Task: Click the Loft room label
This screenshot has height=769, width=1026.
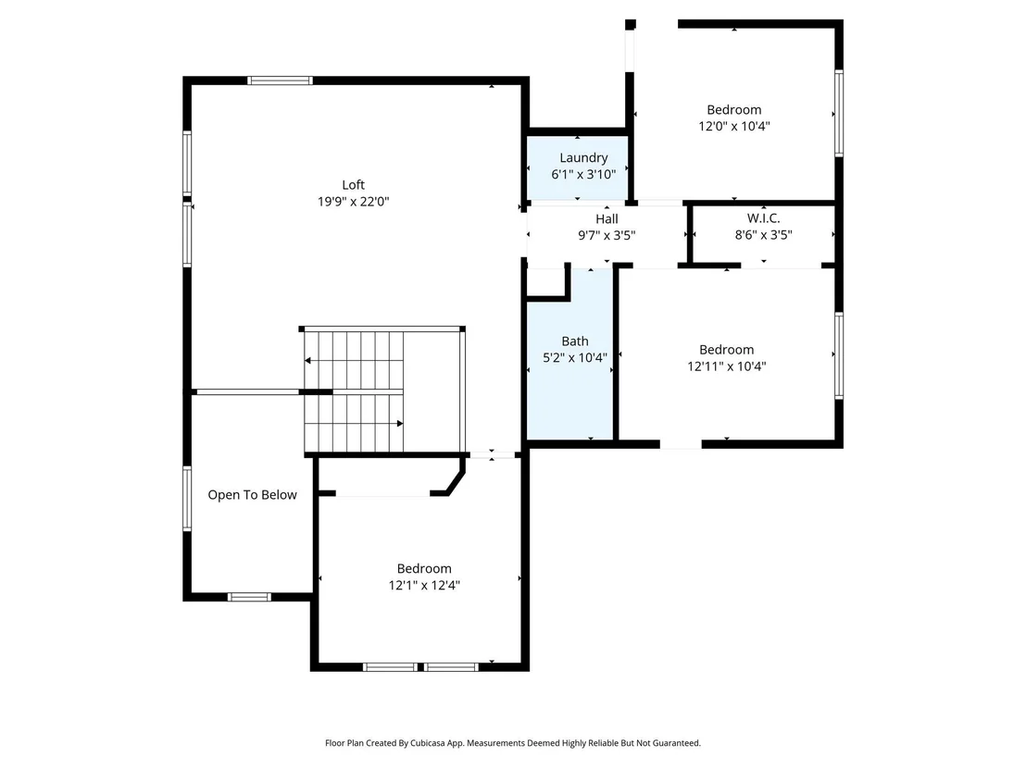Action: click(354, 185)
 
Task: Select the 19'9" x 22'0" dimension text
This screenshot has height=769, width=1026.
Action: click(354, 202)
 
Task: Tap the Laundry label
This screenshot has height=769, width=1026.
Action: click(583, 158)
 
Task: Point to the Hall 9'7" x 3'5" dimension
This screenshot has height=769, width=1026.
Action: click(607, 235)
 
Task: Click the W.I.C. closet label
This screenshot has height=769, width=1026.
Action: click(764, 218)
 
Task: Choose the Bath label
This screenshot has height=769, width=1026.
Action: click(575, 341)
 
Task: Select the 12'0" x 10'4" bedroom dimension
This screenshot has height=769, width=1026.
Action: click(734, 126)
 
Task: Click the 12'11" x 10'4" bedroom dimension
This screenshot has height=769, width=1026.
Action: click(726, 366)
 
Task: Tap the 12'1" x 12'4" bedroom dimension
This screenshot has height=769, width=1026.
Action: click(424, 585)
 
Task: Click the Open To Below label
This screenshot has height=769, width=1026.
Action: click(253, 495)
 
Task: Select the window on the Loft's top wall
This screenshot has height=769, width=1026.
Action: click(280, 81)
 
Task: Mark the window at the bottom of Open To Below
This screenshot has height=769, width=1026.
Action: click(249, 597)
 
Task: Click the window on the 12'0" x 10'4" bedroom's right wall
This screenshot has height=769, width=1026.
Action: click(839, 113)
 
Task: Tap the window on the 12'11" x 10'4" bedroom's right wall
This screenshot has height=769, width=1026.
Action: click(839, 355)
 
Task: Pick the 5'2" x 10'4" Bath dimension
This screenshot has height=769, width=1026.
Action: click(575, 358)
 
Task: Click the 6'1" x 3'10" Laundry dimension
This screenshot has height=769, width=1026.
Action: click(583, 175)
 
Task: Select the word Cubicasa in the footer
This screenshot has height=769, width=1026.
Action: click(427, 743)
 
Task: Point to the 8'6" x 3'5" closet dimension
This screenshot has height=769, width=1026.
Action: click(764, 235)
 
